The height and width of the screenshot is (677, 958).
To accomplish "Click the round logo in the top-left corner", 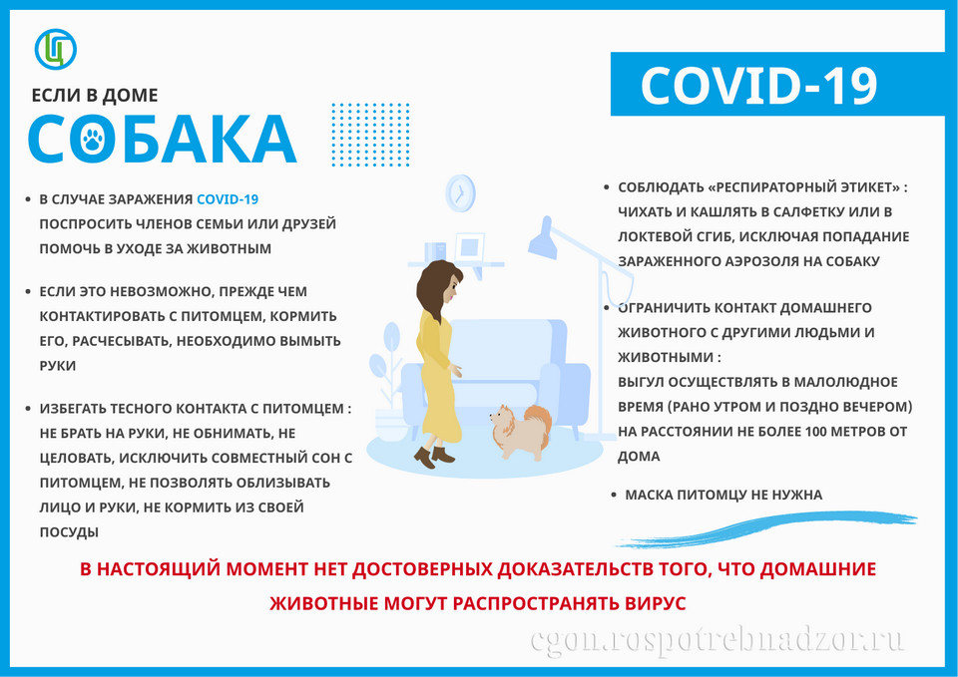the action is [56, 49].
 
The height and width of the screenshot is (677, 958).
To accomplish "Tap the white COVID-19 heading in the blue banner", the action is [758, 85].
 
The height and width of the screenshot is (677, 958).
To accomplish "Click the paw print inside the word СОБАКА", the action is [92, 140].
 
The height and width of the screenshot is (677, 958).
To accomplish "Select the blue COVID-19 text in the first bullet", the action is [228, 199].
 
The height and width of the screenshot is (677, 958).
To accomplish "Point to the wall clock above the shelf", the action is [460, 193].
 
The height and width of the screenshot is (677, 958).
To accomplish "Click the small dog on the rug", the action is [521, 432].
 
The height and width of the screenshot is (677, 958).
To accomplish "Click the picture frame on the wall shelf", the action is [469, 248].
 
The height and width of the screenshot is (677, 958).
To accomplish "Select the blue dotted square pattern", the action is [370, 135].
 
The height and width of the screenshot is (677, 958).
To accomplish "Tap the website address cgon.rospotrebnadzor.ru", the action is [718, 641].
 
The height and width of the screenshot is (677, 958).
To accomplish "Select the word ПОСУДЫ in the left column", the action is [69, 532].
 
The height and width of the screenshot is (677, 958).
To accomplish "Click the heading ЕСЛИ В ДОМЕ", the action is [95, 96].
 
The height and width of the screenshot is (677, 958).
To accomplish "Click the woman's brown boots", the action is [434, 456].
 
